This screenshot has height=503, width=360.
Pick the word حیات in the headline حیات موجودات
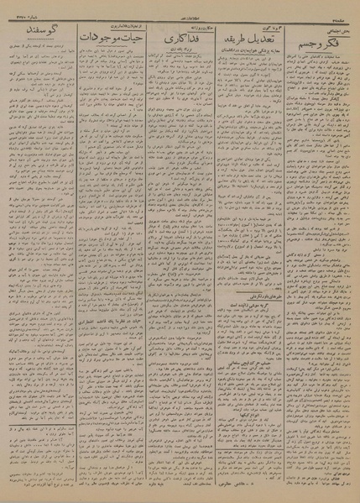pos(127,39)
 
